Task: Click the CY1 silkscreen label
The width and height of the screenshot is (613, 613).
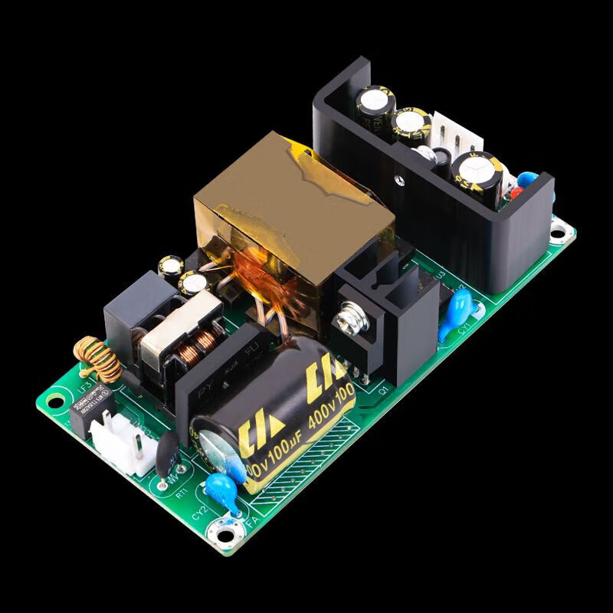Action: pos(463,331)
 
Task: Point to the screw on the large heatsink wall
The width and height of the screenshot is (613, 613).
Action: pos(398,182)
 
